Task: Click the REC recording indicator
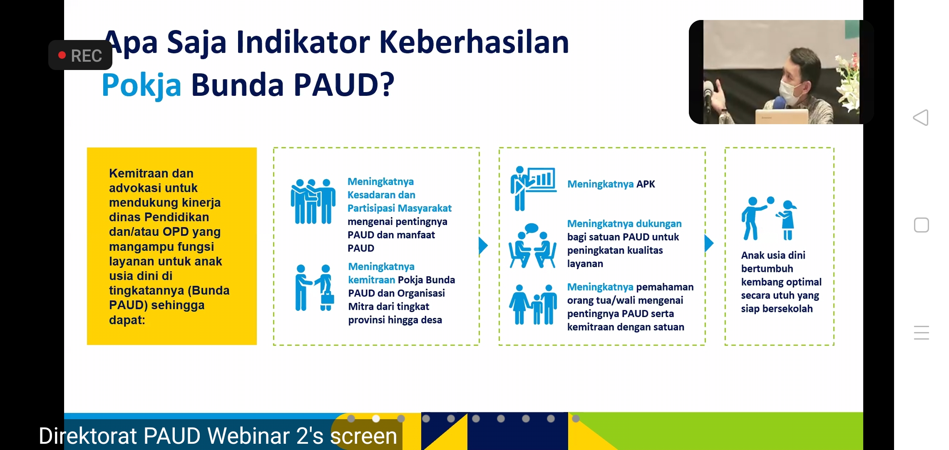pos(80,55)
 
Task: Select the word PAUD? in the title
pos(344,85)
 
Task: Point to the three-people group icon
pos(313,202)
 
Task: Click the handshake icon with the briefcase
pos(315,287)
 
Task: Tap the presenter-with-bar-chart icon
pos(533,188)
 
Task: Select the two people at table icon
pos(532,246)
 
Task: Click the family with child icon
pos(533,305)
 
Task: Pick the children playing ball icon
pos(769,219)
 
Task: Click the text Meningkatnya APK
pos(611,184)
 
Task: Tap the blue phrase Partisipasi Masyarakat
pos(400,208)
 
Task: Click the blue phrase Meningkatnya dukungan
pos(624,224)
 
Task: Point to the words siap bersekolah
pos(777,309)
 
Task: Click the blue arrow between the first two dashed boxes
pos(483,246)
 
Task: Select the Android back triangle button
pos(921,117)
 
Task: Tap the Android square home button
pos(922,225)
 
